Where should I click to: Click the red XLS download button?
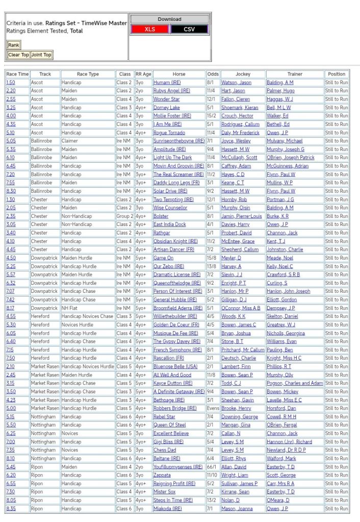click(150, 29)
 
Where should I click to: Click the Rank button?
click(14, 45)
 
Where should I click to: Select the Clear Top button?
click(18, 55)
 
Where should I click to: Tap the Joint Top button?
click(41, 55)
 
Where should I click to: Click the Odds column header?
click(213, 74)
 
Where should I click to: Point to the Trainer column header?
click(294, 74)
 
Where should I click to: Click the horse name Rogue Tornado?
click(169, 133)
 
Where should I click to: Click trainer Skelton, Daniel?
click(283, 316)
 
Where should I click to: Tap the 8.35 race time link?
click(11, 508)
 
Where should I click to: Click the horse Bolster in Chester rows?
click(161, 216)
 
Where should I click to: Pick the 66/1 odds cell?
click(212, 466)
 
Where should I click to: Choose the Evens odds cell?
click(213, 408)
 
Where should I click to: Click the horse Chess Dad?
click(165, 450)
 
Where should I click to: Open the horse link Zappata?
click(163, 475)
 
